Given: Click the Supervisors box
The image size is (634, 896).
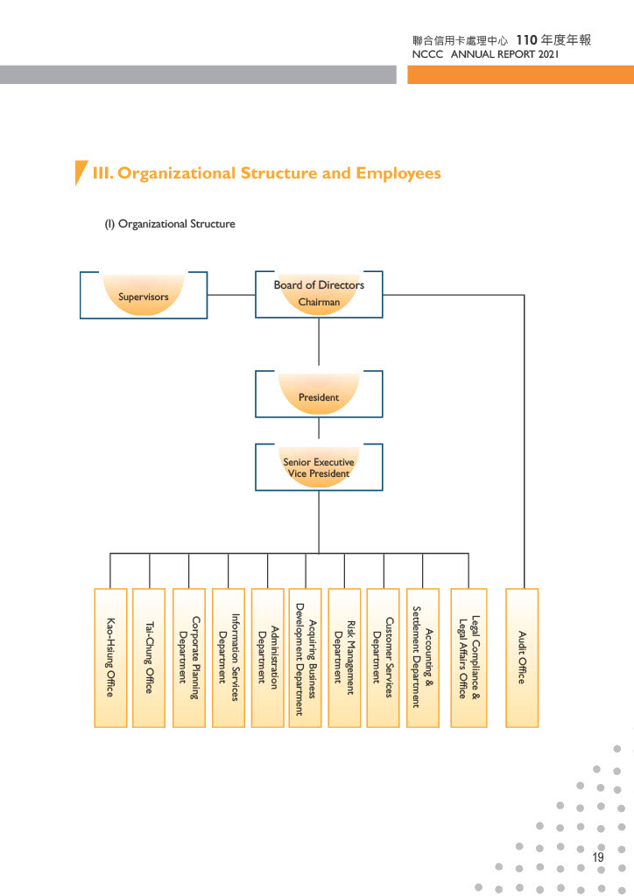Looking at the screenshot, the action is tap(144, 295).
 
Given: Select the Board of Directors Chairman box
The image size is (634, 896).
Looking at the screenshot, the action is tap(319, 294).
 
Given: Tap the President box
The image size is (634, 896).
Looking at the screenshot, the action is tap(319, 394).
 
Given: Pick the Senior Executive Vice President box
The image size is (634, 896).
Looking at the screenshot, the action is tap(319, 467).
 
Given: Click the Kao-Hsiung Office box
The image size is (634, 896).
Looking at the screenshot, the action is tap(110, 658).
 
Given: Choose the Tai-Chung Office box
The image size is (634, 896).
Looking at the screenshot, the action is tap(149, 658).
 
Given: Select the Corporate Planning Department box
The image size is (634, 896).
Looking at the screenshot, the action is tap(188, 658).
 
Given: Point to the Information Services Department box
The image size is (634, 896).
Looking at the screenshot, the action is tap(228, 658).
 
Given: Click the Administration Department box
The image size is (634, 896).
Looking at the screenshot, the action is tap(268, 658).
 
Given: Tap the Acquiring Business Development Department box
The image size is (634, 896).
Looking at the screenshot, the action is tap(306, 658).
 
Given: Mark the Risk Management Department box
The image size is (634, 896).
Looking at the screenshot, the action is tap(344, 658).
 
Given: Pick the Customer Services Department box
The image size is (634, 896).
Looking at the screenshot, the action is tap(383, 658).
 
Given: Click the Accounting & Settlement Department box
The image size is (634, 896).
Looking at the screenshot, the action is tap(423, 658).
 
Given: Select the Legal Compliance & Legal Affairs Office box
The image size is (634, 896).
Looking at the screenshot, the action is tap(468, 658).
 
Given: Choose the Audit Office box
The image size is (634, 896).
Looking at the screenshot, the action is tap(522, 658).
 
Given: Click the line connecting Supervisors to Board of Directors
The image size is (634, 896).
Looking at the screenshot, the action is tap(231, 295).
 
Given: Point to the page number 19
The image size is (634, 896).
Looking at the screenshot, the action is tap(598, 857).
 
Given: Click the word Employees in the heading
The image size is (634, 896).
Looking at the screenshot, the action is tap(398, 173).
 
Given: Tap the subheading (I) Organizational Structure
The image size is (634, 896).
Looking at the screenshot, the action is tap(170, 224).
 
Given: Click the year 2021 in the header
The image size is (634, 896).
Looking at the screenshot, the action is tap(548, 54).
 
